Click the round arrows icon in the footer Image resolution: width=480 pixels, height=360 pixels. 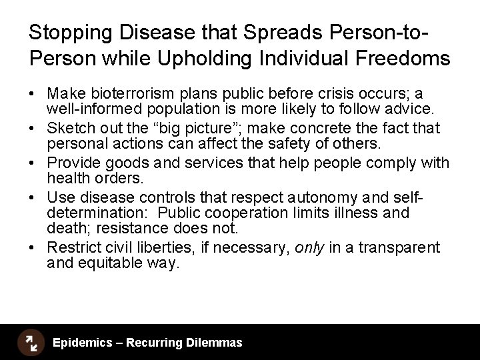(x=30, y=343)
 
